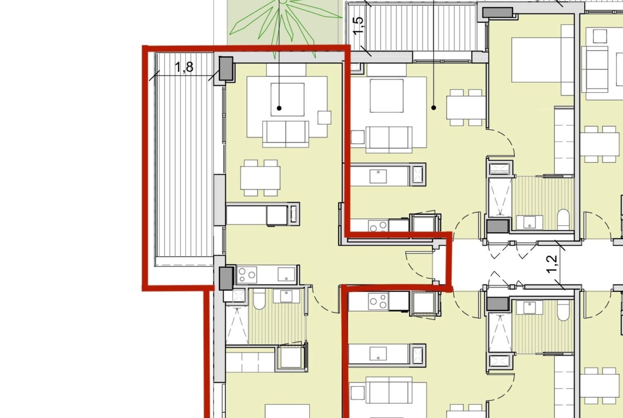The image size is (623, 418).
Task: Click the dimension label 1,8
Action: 184,67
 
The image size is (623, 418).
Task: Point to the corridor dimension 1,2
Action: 552,264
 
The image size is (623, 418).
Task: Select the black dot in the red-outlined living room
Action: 280,108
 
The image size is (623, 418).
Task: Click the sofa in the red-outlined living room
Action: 285,134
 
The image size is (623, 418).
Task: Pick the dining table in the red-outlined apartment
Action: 260,178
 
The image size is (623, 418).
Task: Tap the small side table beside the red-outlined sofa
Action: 324,118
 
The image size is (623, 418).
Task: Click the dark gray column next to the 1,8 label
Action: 226,68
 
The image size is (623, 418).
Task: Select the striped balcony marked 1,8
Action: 184,159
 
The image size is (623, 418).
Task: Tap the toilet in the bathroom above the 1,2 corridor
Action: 563,220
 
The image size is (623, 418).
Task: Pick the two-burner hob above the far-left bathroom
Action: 247,275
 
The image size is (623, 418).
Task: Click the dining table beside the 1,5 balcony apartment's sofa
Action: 466,107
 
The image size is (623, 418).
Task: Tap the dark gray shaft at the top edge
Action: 497,12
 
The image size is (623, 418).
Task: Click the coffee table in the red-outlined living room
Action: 288,100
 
